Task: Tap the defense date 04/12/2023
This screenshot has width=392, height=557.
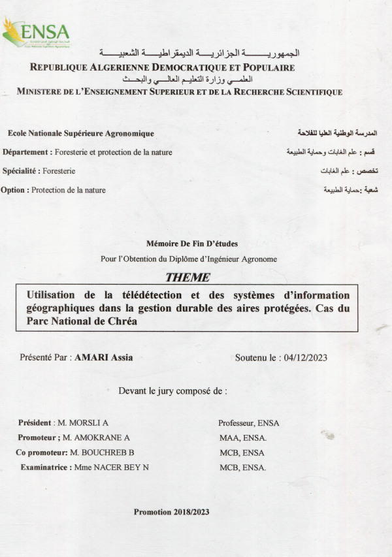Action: [x=303, y=357]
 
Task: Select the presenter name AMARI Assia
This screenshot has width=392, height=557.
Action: [x=108, y=357]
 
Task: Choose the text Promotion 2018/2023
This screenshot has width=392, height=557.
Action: [x=171, y=512]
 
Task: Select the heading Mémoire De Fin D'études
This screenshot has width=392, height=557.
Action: [x=188, y=243]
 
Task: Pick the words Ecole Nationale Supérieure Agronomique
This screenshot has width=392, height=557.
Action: [x=81, y=133]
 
